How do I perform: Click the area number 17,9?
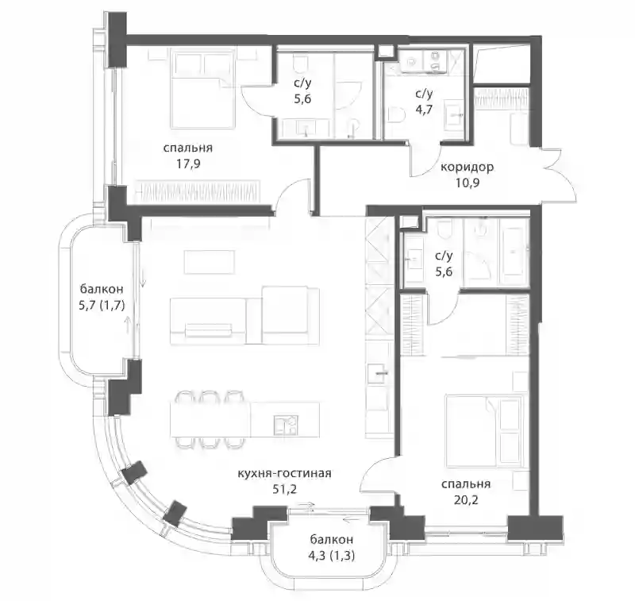pos(188,164)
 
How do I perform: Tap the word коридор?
pos(467,167)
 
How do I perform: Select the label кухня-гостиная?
pos(284,473)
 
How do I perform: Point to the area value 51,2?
pos(285,489)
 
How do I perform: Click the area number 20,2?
pos(466,499)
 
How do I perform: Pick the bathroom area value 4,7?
pos(424,110)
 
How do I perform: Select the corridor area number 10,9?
pos(468,183)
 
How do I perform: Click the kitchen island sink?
pos(286,426)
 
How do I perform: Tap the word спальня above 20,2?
pos(466,484)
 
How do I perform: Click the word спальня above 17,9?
pos(188,148)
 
